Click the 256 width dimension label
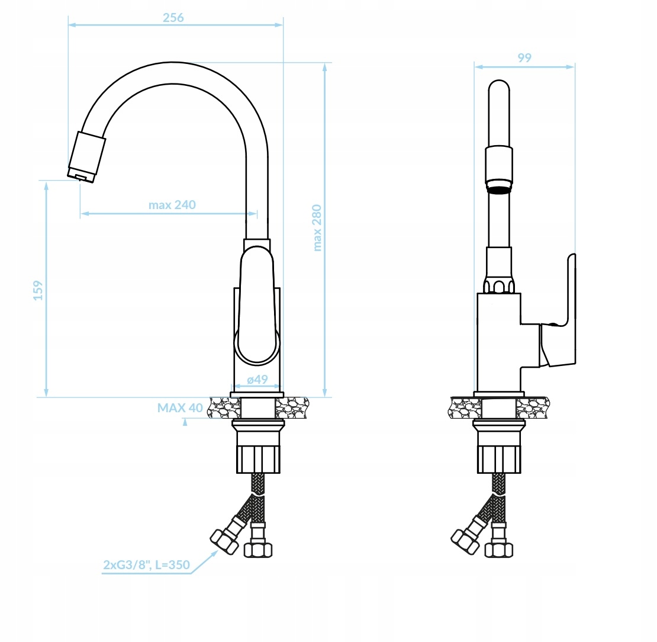(x=173, y=18)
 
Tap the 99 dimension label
(x=524, y=58)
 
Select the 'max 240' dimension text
(x=172, y=205)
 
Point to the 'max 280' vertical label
(x=317, y=227)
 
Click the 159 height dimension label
(x=38, y=290)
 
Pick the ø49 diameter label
(x=257, y=380)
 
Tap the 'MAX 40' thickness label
(x=180, y=407)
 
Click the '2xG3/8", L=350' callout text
(x=146, y=565)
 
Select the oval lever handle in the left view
(x=257, y=305)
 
